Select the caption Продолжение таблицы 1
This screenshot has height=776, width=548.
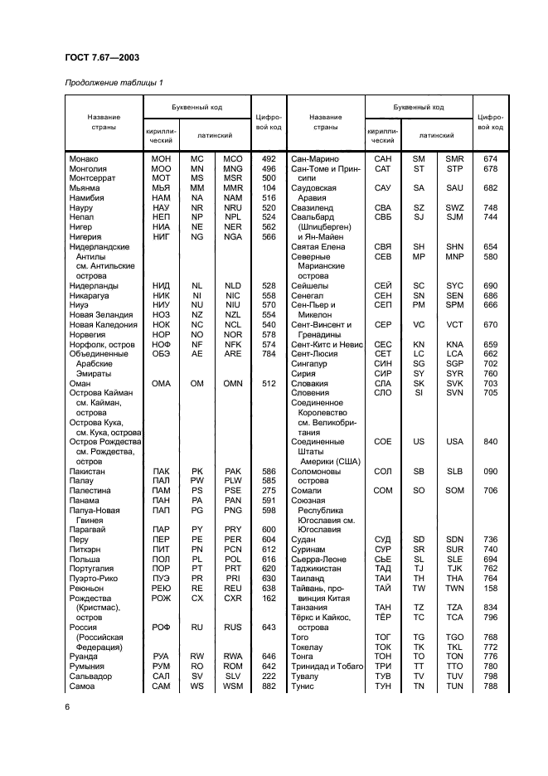point(114,82)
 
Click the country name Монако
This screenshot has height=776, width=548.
point(84,158)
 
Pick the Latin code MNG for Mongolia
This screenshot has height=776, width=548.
point(233,168)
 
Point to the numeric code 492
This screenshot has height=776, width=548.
point(268,158)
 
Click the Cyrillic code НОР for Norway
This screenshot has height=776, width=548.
point(161,334)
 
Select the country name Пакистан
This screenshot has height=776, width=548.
point(90,471)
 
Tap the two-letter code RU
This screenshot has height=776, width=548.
point(197,628)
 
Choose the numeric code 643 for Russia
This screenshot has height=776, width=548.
point(268,628)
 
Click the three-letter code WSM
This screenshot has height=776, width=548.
point(233,686)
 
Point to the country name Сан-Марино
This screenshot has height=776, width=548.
point(314,158)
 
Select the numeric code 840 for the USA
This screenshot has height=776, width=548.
point(490,442)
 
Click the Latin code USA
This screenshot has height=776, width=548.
point(454,442)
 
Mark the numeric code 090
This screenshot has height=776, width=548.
point(490,471)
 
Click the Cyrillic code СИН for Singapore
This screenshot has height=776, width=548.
point(383,364)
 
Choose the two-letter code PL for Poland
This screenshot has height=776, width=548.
point(197,559)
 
